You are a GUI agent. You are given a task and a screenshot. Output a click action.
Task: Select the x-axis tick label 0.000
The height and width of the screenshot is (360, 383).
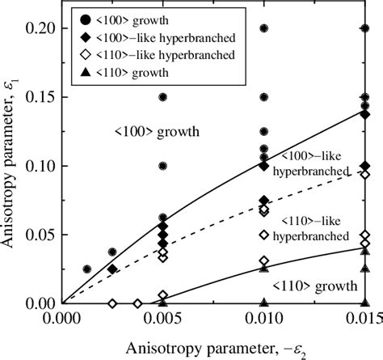coord(64,321)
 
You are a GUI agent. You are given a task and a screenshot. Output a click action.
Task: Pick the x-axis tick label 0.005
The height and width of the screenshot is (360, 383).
coord(163,321)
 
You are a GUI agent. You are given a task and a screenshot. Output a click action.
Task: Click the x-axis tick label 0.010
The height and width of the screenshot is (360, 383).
coord(264,321)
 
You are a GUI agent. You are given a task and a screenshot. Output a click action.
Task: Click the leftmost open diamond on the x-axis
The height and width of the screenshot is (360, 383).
coord(112,303)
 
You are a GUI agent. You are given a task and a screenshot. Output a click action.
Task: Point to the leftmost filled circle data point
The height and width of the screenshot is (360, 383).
coord(87,269)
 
